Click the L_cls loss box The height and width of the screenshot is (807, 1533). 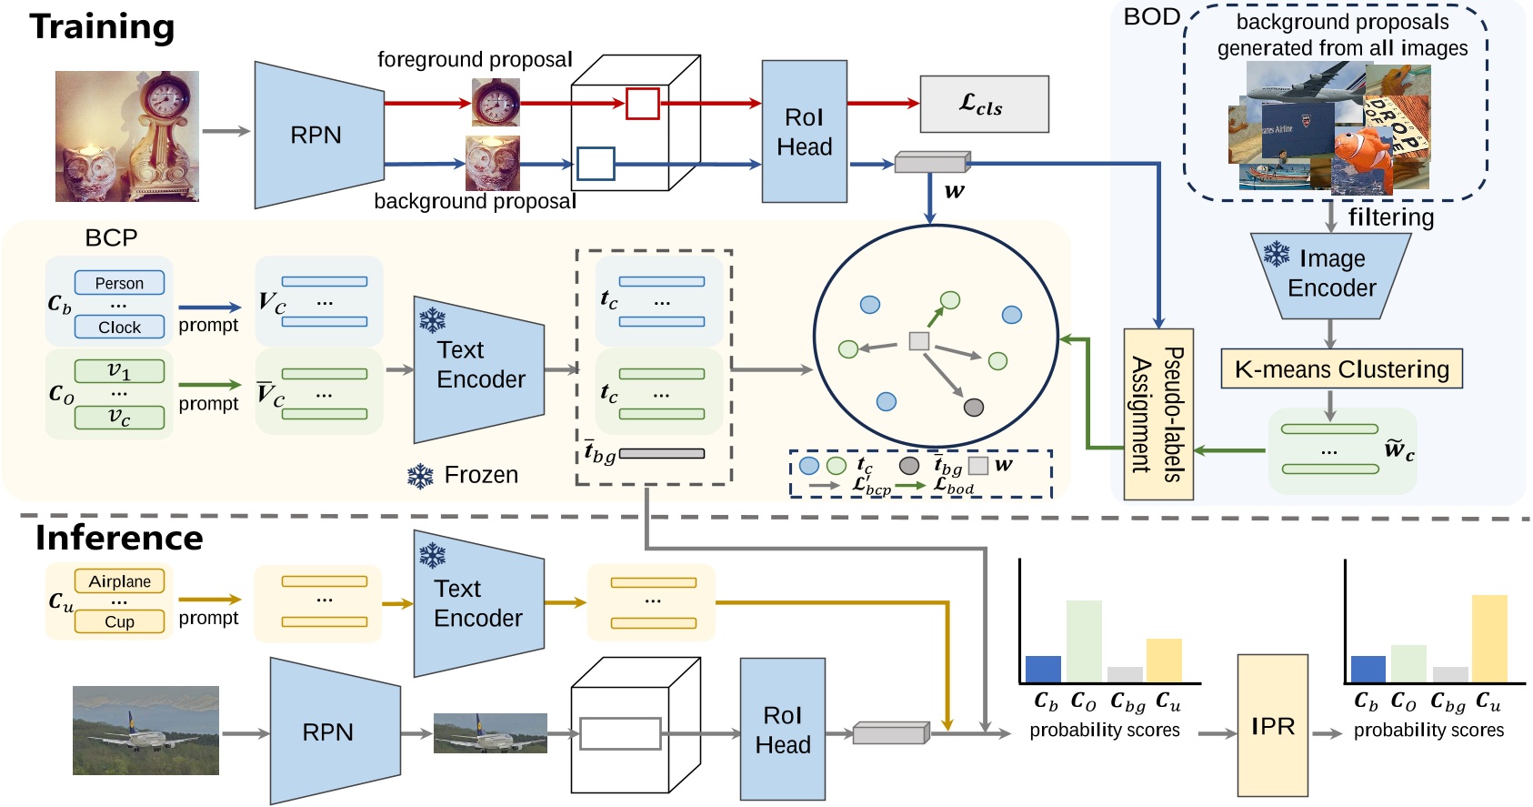pos(984,105)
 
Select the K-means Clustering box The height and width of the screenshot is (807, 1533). pos(1341,369)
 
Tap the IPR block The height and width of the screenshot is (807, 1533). pos(1272,725)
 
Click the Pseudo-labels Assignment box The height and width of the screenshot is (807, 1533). pos(1157,414)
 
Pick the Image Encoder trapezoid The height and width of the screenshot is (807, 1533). pos(1331,276)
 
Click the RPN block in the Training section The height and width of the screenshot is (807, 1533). pos(317,135)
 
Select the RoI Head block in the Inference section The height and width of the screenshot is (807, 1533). pos(782,730)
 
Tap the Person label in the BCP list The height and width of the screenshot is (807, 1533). pos(119,283)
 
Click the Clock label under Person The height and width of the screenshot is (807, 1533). pos(119,327)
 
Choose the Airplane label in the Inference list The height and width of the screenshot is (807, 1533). pos(119,581)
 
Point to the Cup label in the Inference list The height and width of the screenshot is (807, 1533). pos(119,621)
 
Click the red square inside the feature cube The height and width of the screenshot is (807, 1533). pos(642,104)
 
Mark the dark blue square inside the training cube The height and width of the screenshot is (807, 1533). pos(596,164)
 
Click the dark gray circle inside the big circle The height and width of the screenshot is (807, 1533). pos(973,407)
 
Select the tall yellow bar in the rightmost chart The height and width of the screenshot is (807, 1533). pos(1488,638)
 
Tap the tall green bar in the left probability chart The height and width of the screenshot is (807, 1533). pos(1083,641)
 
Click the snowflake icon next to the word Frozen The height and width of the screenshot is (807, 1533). pos(420,476)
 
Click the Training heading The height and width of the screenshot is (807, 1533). pos(102,26)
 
